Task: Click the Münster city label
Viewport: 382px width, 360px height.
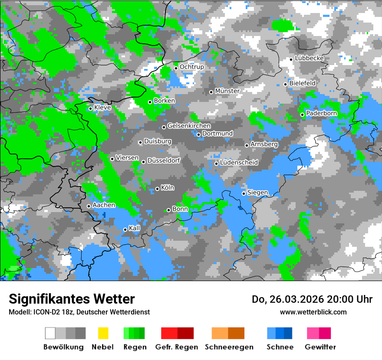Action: [x=227, y=91]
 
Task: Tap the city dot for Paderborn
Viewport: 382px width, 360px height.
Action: [x=303, y=115]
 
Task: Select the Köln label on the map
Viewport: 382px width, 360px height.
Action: [x=168, y=188]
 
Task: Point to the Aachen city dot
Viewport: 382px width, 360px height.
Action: [x=89, y=206]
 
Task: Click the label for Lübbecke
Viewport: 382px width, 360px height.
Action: [x=310, y=58]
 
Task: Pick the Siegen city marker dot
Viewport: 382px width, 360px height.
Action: [x=244, y=193]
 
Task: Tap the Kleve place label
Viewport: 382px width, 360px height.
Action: [x=102, y=108]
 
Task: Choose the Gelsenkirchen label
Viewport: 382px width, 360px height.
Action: [x=189, y=126]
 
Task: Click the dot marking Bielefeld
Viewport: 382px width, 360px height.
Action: [x=286, y=84]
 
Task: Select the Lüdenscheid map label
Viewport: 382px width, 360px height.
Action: [x=239, y=163]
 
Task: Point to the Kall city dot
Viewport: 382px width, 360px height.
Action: [x=125, y=229]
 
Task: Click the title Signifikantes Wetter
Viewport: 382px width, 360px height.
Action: [x=72, y=299]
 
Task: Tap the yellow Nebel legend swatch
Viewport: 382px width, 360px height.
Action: [x=103, y=333]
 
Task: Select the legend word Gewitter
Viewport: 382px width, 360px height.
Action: [x=320, y=347]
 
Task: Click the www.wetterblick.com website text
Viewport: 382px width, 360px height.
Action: [x=313, y=312]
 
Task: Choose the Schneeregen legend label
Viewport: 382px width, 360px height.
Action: [x=229, y=347]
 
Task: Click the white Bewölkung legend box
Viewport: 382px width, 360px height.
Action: [x=50, y=333]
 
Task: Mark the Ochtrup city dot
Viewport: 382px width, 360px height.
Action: [x=176, y=68]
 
